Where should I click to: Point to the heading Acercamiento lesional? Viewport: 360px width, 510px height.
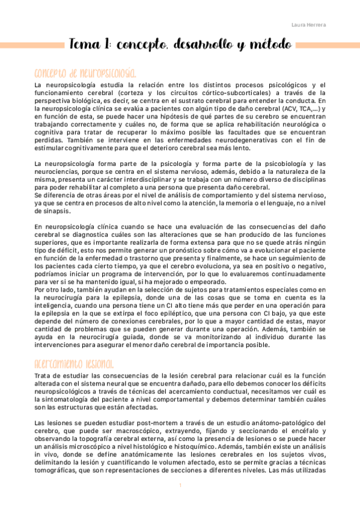point(75,365)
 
